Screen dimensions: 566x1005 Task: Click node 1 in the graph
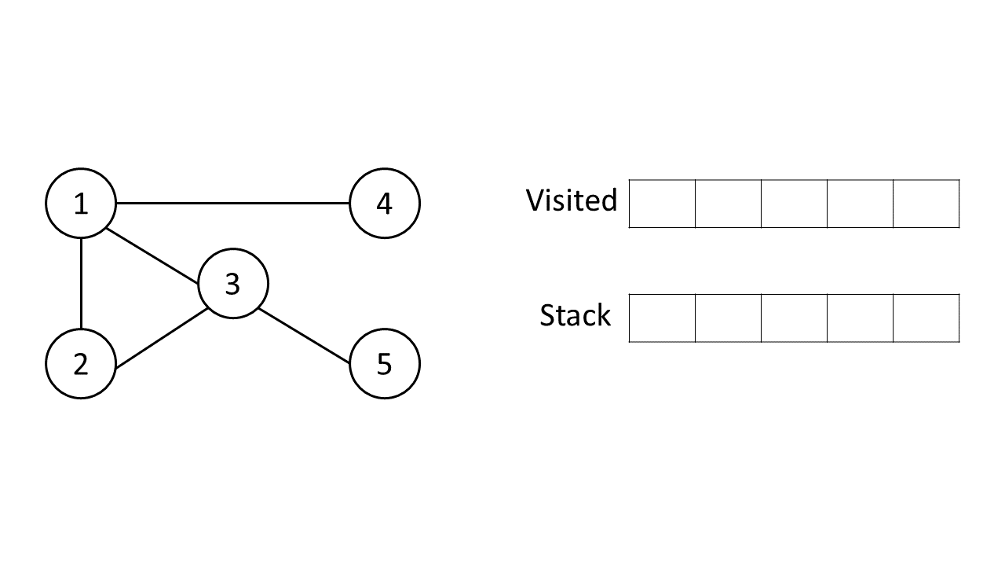(81, 204)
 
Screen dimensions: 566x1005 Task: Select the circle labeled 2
(81, 364)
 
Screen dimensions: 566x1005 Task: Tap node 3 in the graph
(232, 284)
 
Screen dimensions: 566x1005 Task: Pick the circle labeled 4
(384, 204)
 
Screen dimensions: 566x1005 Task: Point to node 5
(384, 364)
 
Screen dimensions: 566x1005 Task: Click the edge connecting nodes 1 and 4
(232, 204)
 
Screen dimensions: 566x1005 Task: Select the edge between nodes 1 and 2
(81, 284)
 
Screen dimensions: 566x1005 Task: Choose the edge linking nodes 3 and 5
(305, 336)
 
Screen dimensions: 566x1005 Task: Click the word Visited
(572, 200)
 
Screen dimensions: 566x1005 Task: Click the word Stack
(575, 315)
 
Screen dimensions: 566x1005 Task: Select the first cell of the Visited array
(662, 204)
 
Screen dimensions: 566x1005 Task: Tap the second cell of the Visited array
(728, 204)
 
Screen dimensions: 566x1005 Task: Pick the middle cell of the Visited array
(794, 204)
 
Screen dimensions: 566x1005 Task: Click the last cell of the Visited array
(926, 204)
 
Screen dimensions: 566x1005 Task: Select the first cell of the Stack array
(662, 318)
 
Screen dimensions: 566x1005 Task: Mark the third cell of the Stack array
(794, 318)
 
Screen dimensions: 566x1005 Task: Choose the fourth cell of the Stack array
(860, 318)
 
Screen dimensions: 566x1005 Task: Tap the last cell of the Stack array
(926, 318)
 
